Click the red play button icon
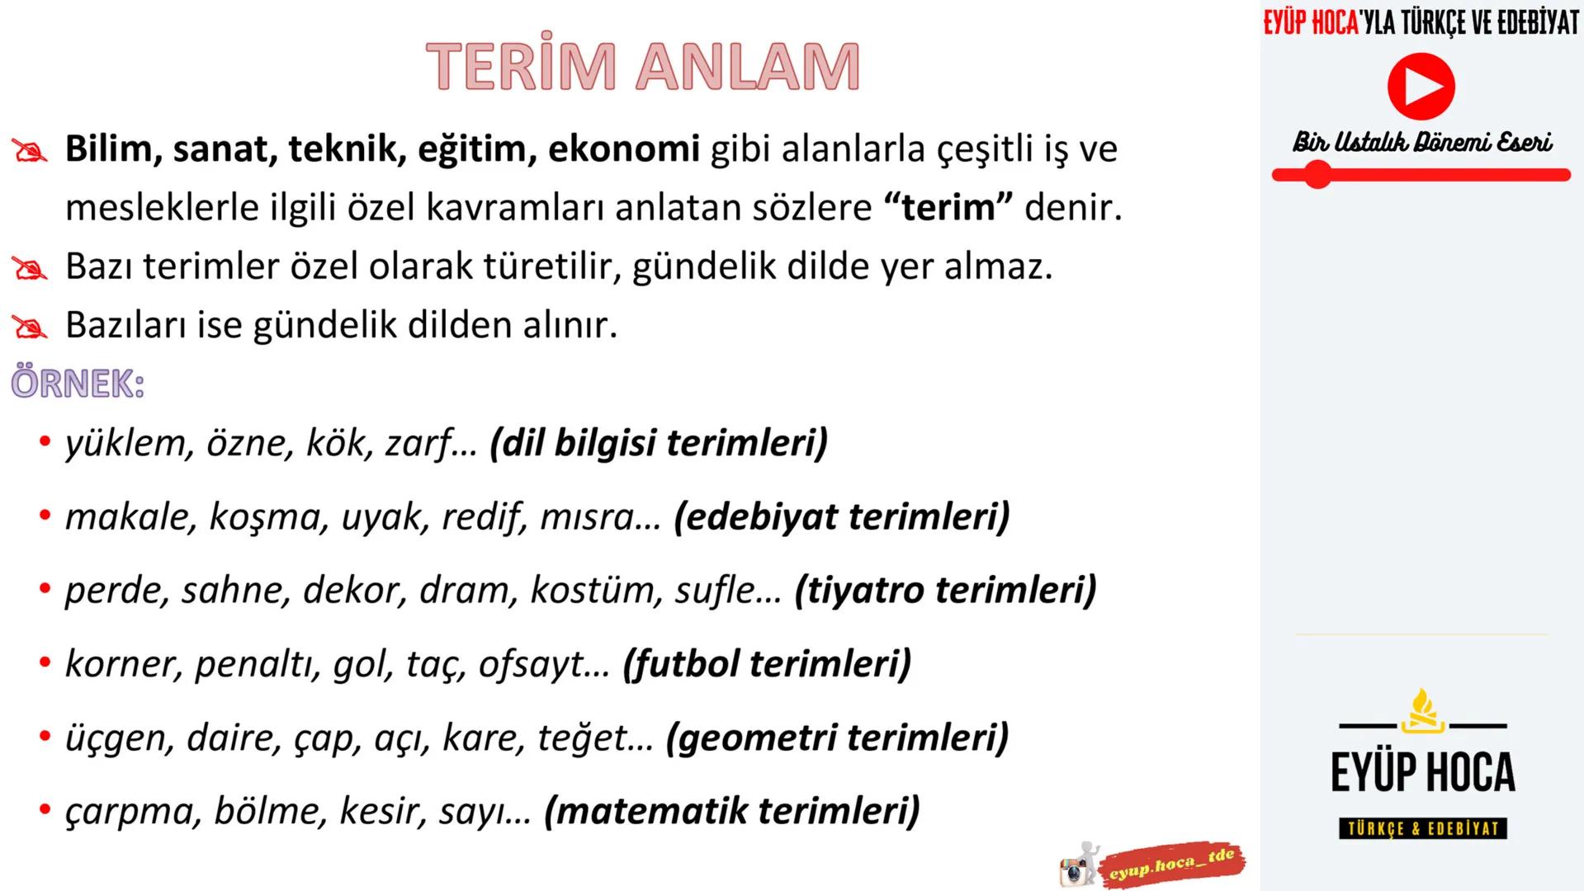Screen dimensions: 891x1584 [x=1420, y=86]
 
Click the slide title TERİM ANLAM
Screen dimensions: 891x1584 [x=642, y=66]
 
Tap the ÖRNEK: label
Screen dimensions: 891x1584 [x=78, y=384]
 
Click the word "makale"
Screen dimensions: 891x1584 [x=130, y=517]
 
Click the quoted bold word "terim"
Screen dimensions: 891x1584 [x=948, y=207]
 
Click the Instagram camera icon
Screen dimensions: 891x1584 [x=1073, y=870]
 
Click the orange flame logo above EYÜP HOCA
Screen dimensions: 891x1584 [x=1423, y=711]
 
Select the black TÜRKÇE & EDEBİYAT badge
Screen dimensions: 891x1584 [x=1422, y=828]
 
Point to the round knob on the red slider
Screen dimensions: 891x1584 [x=1317, y=175]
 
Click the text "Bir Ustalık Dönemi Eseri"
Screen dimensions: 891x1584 [x=1421, y=143]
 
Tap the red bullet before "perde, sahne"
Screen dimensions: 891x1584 [x=45, y=591]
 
